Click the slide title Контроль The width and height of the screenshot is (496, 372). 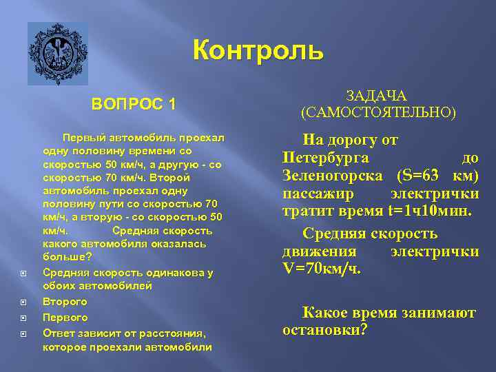coord(258,51)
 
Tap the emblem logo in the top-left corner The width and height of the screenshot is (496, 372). coord(58,54)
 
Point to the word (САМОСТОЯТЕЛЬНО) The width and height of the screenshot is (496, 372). coord(378,112)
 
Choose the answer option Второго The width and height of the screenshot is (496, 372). coord(65,302)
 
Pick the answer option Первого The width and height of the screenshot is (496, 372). coord(65,318)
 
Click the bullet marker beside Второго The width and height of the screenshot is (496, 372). coord(24,302)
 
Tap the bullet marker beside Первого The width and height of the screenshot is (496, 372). coord(24,318)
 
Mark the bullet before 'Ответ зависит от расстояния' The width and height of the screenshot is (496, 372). coord(24,333)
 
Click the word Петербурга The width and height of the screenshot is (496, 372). coord(326,158)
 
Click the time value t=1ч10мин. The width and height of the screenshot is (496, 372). coord(431,211)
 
